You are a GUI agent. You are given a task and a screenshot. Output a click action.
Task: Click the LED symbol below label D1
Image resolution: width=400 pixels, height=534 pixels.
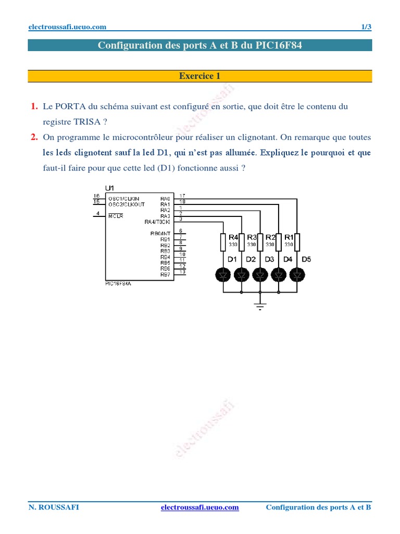click(223, 274)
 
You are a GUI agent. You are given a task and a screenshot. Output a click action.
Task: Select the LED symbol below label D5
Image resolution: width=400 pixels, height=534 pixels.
click(297, 274)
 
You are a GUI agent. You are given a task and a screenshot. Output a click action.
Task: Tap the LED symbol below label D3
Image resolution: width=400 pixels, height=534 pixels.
click(260, 274)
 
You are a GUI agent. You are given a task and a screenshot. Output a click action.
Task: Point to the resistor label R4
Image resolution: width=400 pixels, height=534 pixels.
click(234, 237)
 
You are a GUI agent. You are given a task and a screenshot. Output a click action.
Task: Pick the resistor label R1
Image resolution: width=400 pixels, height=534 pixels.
click(289, 237)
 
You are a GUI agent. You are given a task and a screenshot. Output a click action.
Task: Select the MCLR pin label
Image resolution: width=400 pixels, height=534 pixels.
click(116, 215)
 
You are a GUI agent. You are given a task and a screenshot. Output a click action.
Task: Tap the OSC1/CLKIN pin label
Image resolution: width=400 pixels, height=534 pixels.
click(123, 198)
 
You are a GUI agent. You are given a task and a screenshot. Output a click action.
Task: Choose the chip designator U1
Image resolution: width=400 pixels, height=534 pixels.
click(109, 188)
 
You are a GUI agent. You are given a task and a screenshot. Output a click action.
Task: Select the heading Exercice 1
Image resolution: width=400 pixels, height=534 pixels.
click(199, 76)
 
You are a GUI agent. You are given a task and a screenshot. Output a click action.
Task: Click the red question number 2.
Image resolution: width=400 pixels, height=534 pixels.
click(34, 138)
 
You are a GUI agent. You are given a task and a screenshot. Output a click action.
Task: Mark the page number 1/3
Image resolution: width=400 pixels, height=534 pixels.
click(366, 27)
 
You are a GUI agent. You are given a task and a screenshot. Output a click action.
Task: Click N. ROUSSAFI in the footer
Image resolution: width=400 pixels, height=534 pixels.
click(54, 507)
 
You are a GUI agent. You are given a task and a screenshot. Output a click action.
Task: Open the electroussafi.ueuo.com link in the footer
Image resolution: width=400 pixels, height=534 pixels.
click(200, 507)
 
